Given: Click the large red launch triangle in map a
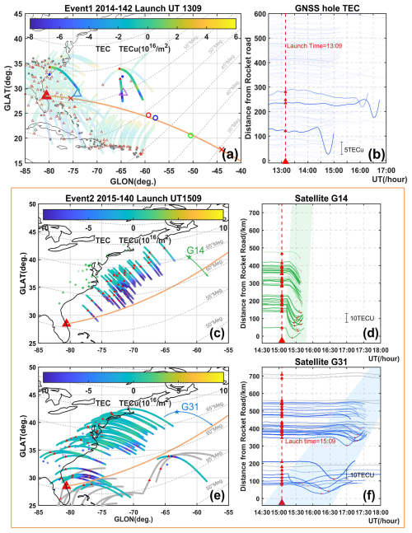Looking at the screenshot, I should tap(46, 96).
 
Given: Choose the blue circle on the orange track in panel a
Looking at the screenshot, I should tap(156, 118).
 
